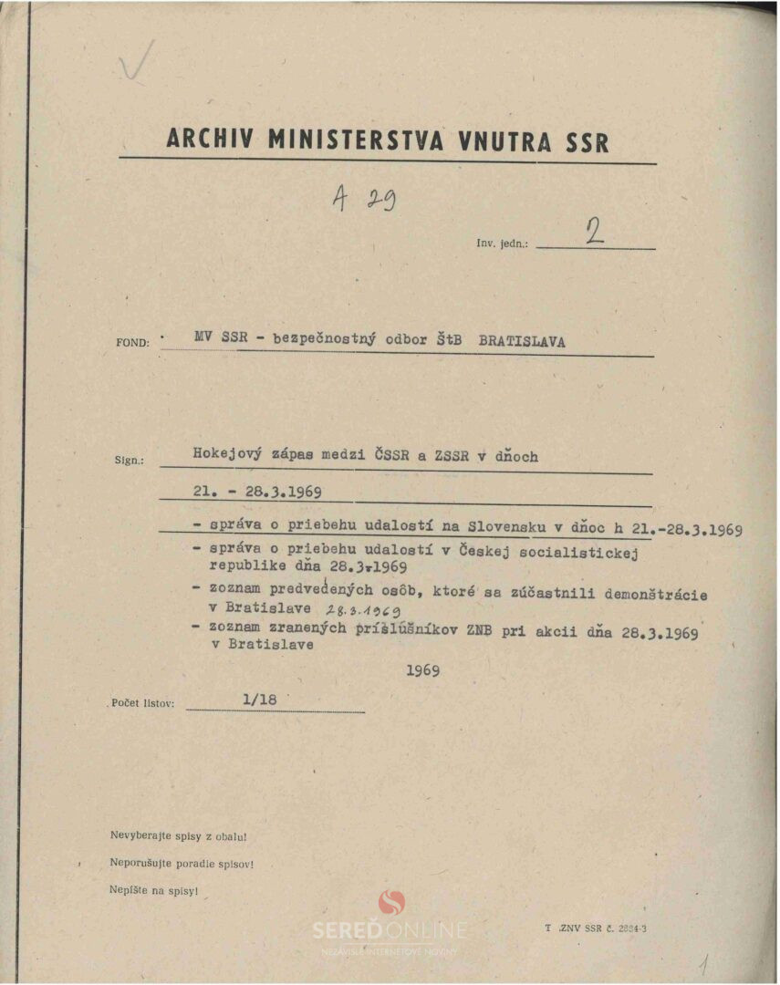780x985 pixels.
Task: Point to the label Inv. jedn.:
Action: [x=502, y=244]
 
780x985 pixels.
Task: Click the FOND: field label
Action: [x=133, y=343]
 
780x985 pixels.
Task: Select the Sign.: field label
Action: [x=129, y=461]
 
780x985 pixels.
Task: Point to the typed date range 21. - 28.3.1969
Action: [x=257, y=493]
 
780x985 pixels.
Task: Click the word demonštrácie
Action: [x=654, y=594]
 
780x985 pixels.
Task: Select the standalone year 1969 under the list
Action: [x=423, y=670]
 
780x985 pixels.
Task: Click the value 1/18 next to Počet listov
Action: [x=260, y=700]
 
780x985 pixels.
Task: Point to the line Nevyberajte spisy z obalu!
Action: [x=178, y=835]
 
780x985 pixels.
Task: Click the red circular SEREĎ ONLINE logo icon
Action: [x=390, y=902]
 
